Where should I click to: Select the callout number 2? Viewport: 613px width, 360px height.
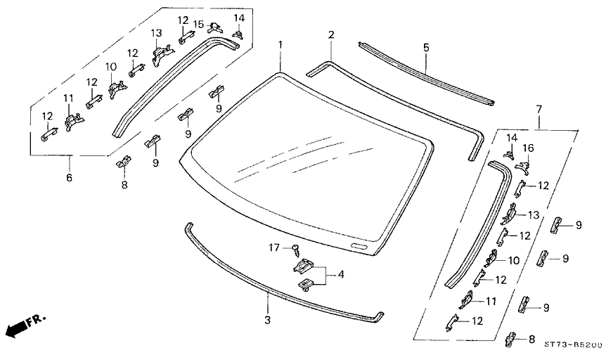pyautogui.click(x=331, y=35)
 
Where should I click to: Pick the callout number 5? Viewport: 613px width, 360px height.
pyautogui.click(x=426, y=48)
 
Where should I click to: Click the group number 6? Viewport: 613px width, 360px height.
pyautogui.click(x=69, y=177)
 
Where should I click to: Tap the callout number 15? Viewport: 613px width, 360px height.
pyautogui.click(x=199, y=24)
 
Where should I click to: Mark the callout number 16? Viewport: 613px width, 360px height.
pyautogui.click(x=528, y=148)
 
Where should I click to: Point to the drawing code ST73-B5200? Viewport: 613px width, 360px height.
pyautogui.click(x=573, y=345)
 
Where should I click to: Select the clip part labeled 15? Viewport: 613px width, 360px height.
pyautogui.click(x=216, y=27)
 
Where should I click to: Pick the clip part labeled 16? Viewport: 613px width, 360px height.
pyautogui.click(x=522, y=166)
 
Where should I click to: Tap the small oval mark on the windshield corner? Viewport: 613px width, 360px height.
pyautogui.click(x=359, y=247)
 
